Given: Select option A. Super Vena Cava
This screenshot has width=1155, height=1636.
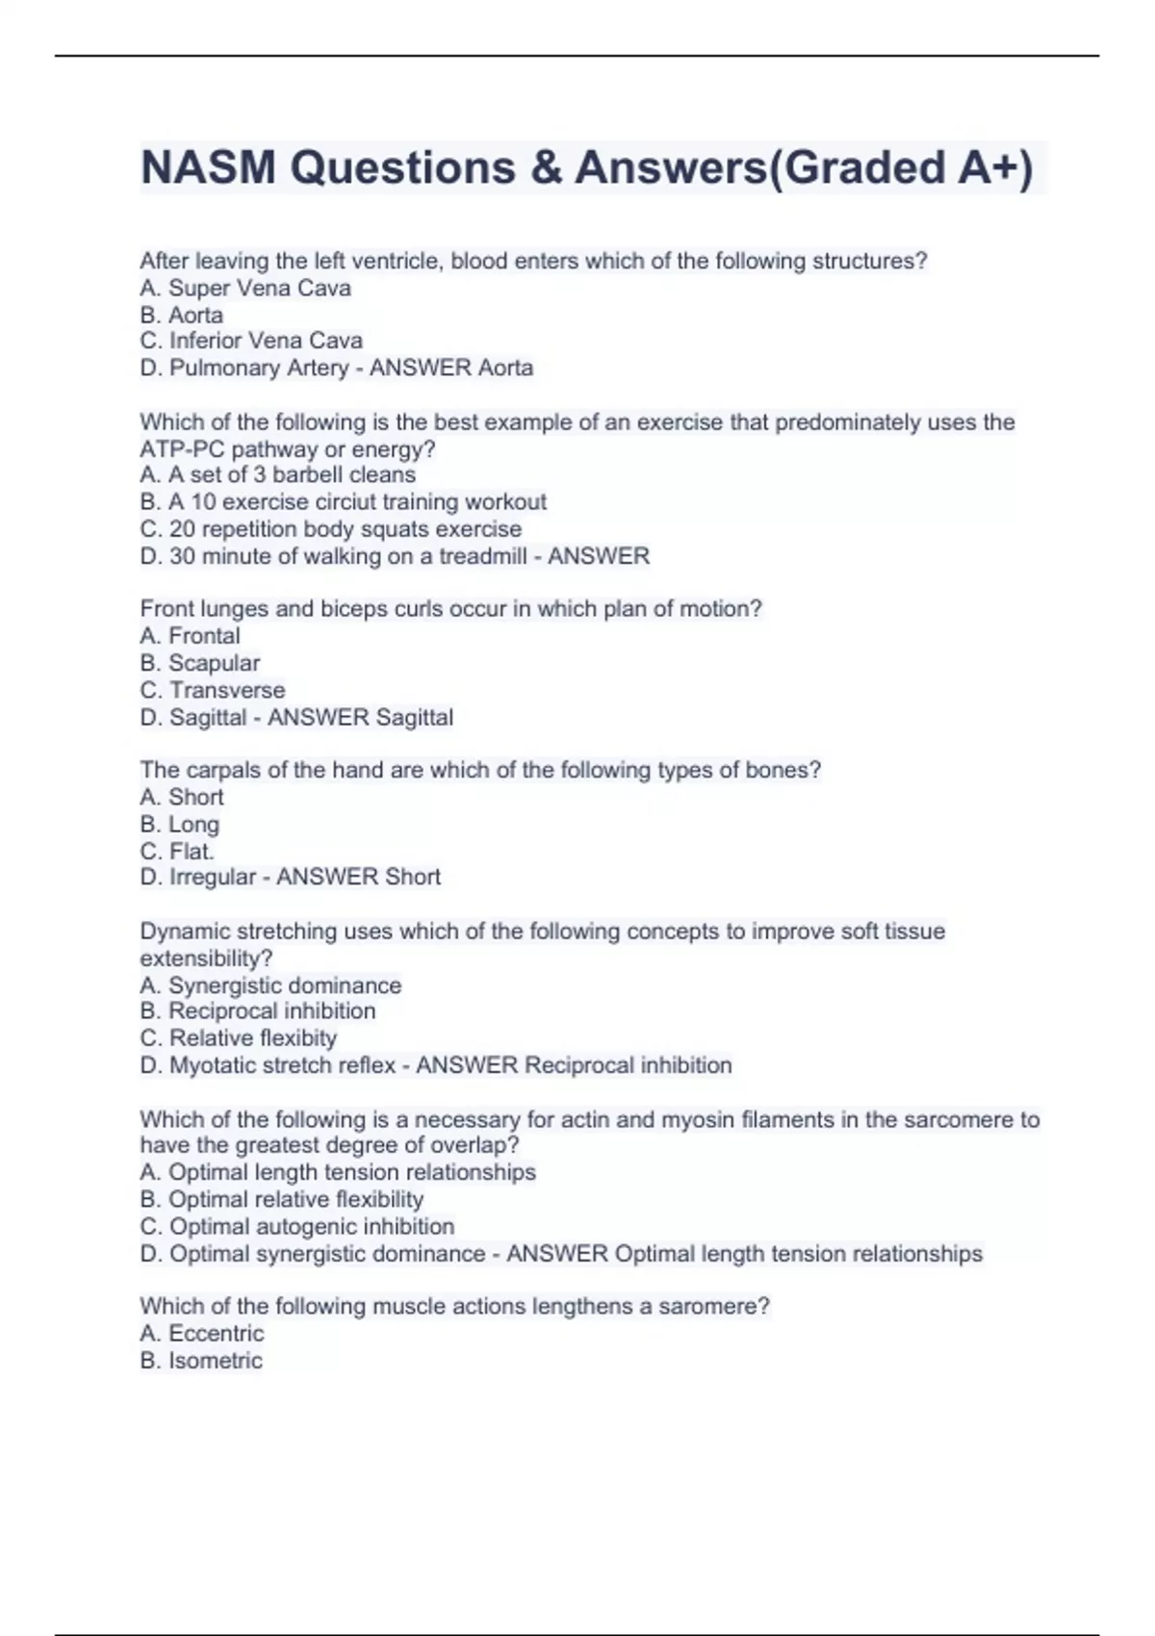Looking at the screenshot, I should [x=245, y=288].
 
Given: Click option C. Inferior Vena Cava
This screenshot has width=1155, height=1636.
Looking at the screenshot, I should [x=251, y=341].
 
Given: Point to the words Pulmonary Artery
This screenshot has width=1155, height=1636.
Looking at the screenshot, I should [x=259, y=368].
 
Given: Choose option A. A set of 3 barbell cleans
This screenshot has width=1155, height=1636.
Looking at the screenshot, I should [x=278, y=474].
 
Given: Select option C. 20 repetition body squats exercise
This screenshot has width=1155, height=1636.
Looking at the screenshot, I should [x=331, y=529].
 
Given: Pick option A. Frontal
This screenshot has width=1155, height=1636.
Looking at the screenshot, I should [x=191, y=636].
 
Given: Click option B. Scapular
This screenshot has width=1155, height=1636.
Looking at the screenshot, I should [x=200, y=663].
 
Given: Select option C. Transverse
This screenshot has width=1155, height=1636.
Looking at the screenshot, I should [x=213, y=690].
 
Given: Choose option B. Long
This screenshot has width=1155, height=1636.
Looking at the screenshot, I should [x=180, y=825].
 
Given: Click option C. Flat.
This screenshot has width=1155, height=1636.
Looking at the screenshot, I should [x=177, y=852].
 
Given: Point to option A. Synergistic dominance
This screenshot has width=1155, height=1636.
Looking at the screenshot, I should [x=270, y=985].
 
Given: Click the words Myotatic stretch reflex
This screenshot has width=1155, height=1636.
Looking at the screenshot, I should [x=283, y=1065].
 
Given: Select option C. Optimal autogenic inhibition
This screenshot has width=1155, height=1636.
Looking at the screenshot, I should [x=297, y=1227].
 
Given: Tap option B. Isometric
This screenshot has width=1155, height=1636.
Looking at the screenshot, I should [x=201, y=1361].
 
